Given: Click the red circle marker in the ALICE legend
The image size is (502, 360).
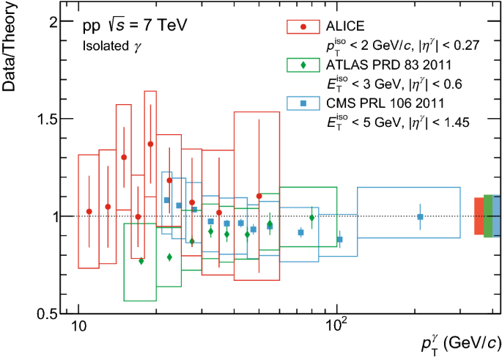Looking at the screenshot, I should tap(303, 27).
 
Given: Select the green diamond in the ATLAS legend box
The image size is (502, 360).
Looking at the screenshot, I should tap(303, 65).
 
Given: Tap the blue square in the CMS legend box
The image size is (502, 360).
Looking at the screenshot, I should tap(303, 103).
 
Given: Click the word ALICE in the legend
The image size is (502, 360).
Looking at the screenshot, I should tap(344, 27).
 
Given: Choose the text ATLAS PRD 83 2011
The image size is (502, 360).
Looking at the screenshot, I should tap(382, 65).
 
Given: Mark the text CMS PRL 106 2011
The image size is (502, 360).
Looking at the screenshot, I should tap(379, 103).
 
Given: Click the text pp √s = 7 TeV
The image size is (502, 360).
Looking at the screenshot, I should tap(135, 26).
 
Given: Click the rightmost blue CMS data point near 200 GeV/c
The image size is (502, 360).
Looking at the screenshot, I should tap(420, 216).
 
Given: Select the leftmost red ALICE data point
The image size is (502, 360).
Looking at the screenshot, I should tap(89, 211).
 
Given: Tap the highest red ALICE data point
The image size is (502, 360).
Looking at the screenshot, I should tap(150, 144).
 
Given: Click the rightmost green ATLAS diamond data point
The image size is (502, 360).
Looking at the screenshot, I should tap(312, 217).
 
